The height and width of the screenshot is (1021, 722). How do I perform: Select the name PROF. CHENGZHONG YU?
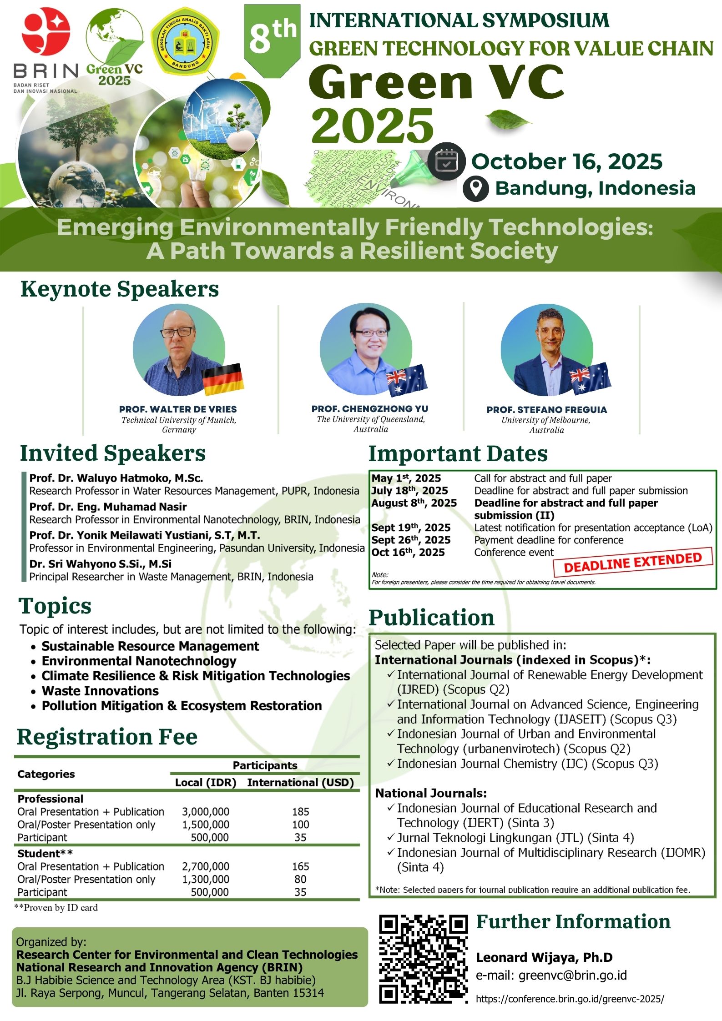click(370, 408)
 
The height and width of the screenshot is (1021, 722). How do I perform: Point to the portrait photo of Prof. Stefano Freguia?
click(547, 350)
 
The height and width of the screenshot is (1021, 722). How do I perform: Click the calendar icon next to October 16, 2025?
click(446, 161)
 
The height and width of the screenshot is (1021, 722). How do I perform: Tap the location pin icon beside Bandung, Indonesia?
click(476, 188)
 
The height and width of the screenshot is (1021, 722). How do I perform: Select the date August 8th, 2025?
click(414, 503)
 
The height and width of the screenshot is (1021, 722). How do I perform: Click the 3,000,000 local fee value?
click(206, 811)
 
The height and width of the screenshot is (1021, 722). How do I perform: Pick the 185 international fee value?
click(301, 811)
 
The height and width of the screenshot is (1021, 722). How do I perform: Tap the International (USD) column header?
click(301, 782)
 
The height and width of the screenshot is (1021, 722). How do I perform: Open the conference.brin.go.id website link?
click(570, 999)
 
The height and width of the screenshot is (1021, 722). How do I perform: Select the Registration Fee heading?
click(107, 736)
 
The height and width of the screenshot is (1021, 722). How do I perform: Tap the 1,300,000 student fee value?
click(206, 879)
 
